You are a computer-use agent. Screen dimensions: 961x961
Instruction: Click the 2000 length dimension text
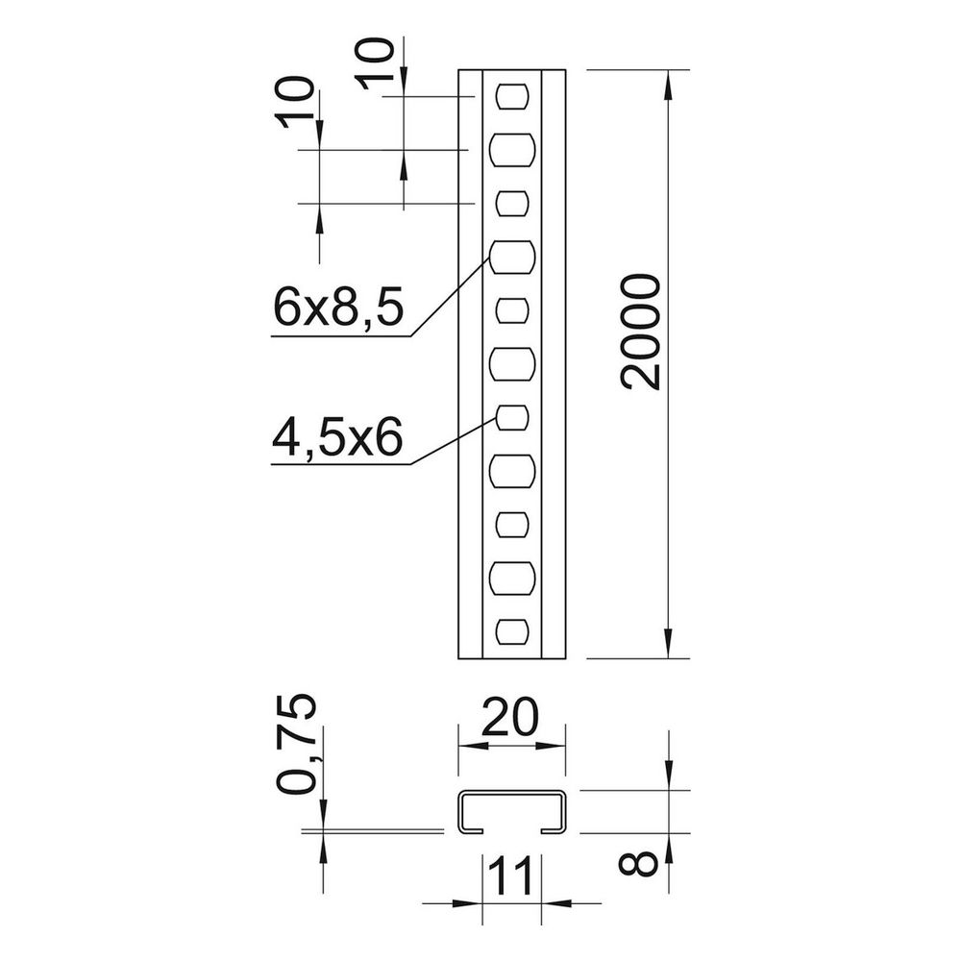coord(641,332)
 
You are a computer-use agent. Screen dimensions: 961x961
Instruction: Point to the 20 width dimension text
coord(510,717)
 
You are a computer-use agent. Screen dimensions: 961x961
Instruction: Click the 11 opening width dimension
coord(512,875)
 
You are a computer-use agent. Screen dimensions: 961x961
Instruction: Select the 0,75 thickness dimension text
coord(297,744)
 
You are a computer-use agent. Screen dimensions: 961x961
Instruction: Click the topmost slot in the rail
coord(512,96)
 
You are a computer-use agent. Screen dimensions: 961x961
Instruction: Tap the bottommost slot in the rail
coord(512,632)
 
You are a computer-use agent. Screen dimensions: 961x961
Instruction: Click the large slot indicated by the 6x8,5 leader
coord(512,257)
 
